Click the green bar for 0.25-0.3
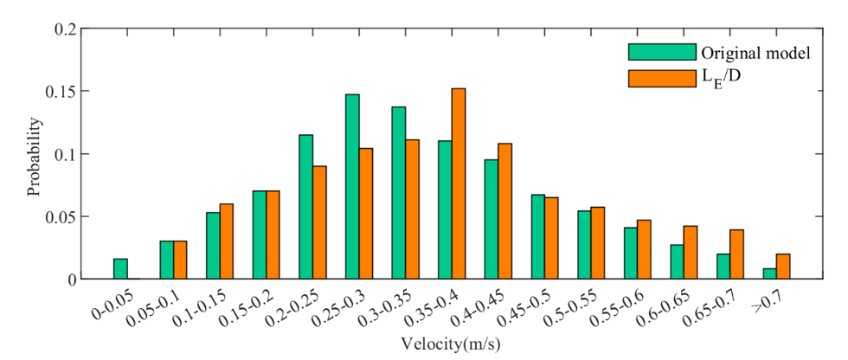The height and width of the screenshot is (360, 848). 352,186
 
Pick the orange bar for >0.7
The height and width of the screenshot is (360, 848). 783,266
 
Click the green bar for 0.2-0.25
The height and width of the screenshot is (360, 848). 305,207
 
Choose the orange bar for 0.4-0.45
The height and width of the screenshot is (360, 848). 504,211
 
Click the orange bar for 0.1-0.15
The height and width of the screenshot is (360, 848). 227,241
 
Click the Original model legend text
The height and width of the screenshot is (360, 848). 755,53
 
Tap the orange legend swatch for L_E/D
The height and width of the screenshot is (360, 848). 662,79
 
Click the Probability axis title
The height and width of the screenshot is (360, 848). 34,154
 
